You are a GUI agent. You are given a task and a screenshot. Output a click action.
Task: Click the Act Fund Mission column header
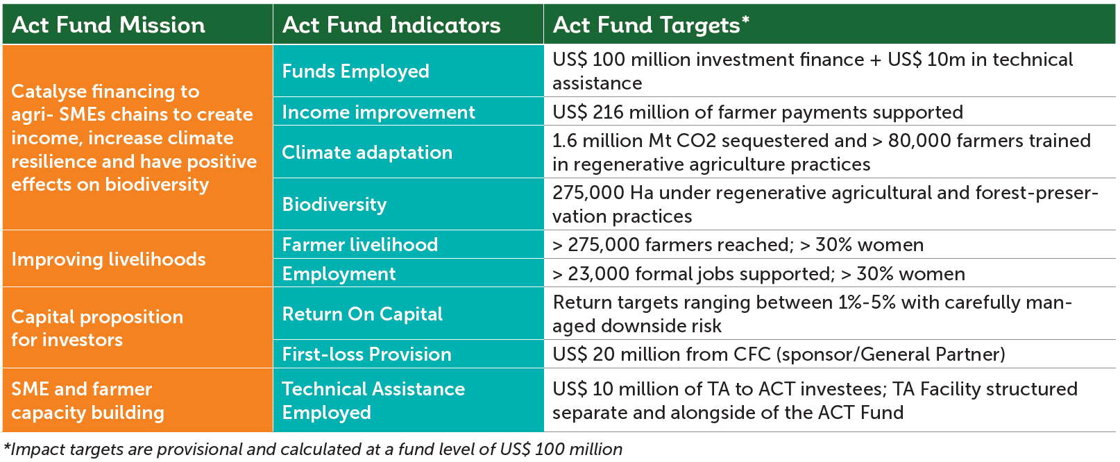pos(108,25)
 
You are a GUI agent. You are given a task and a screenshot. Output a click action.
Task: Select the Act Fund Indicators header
pos(391,25)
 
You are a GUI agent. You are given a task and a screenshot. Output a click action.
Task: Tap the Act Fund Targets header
pos(651,25)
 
